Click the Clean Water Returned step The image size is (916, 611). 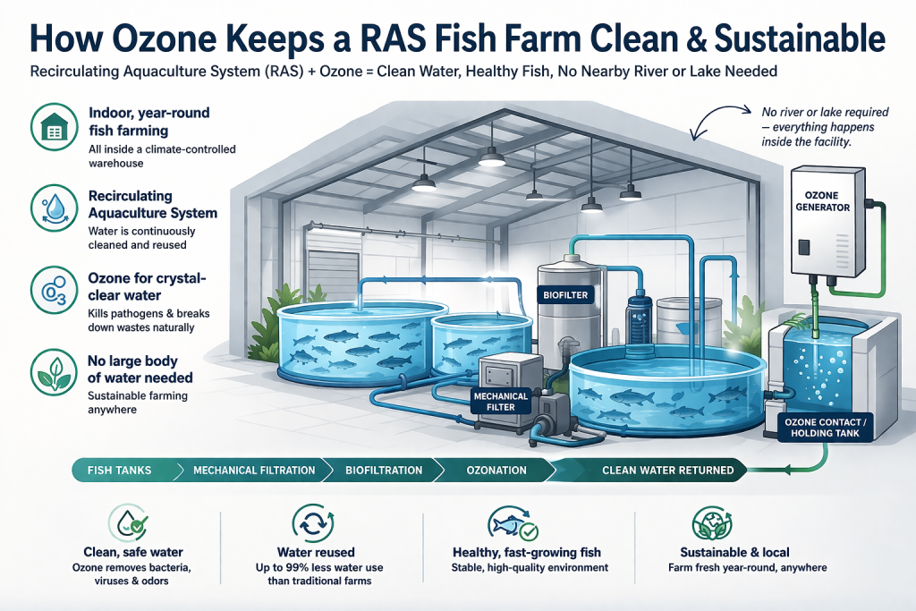[x=667, y=470]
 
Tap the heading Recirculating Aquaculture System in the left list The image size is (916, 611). [x=152, y=204]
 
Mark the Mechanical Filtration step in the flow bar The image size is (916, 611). [x=253, y=470]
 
